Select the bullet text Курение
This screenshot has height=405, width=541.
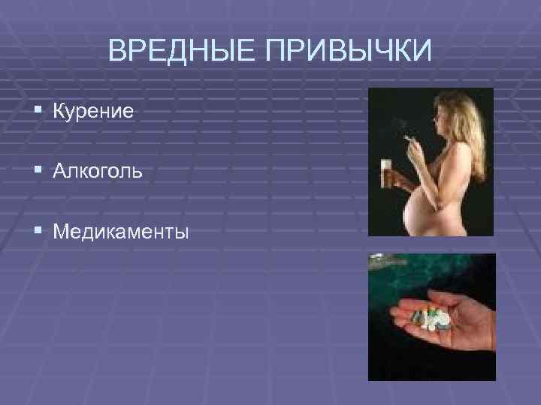point(93,112)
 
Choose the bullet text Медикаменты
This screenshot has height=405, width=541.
point(121,232)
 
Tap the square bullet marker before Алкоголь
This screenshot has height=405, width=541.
point(38,172)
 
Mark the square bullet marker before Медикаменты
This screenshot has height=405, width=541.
point(38,232)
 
